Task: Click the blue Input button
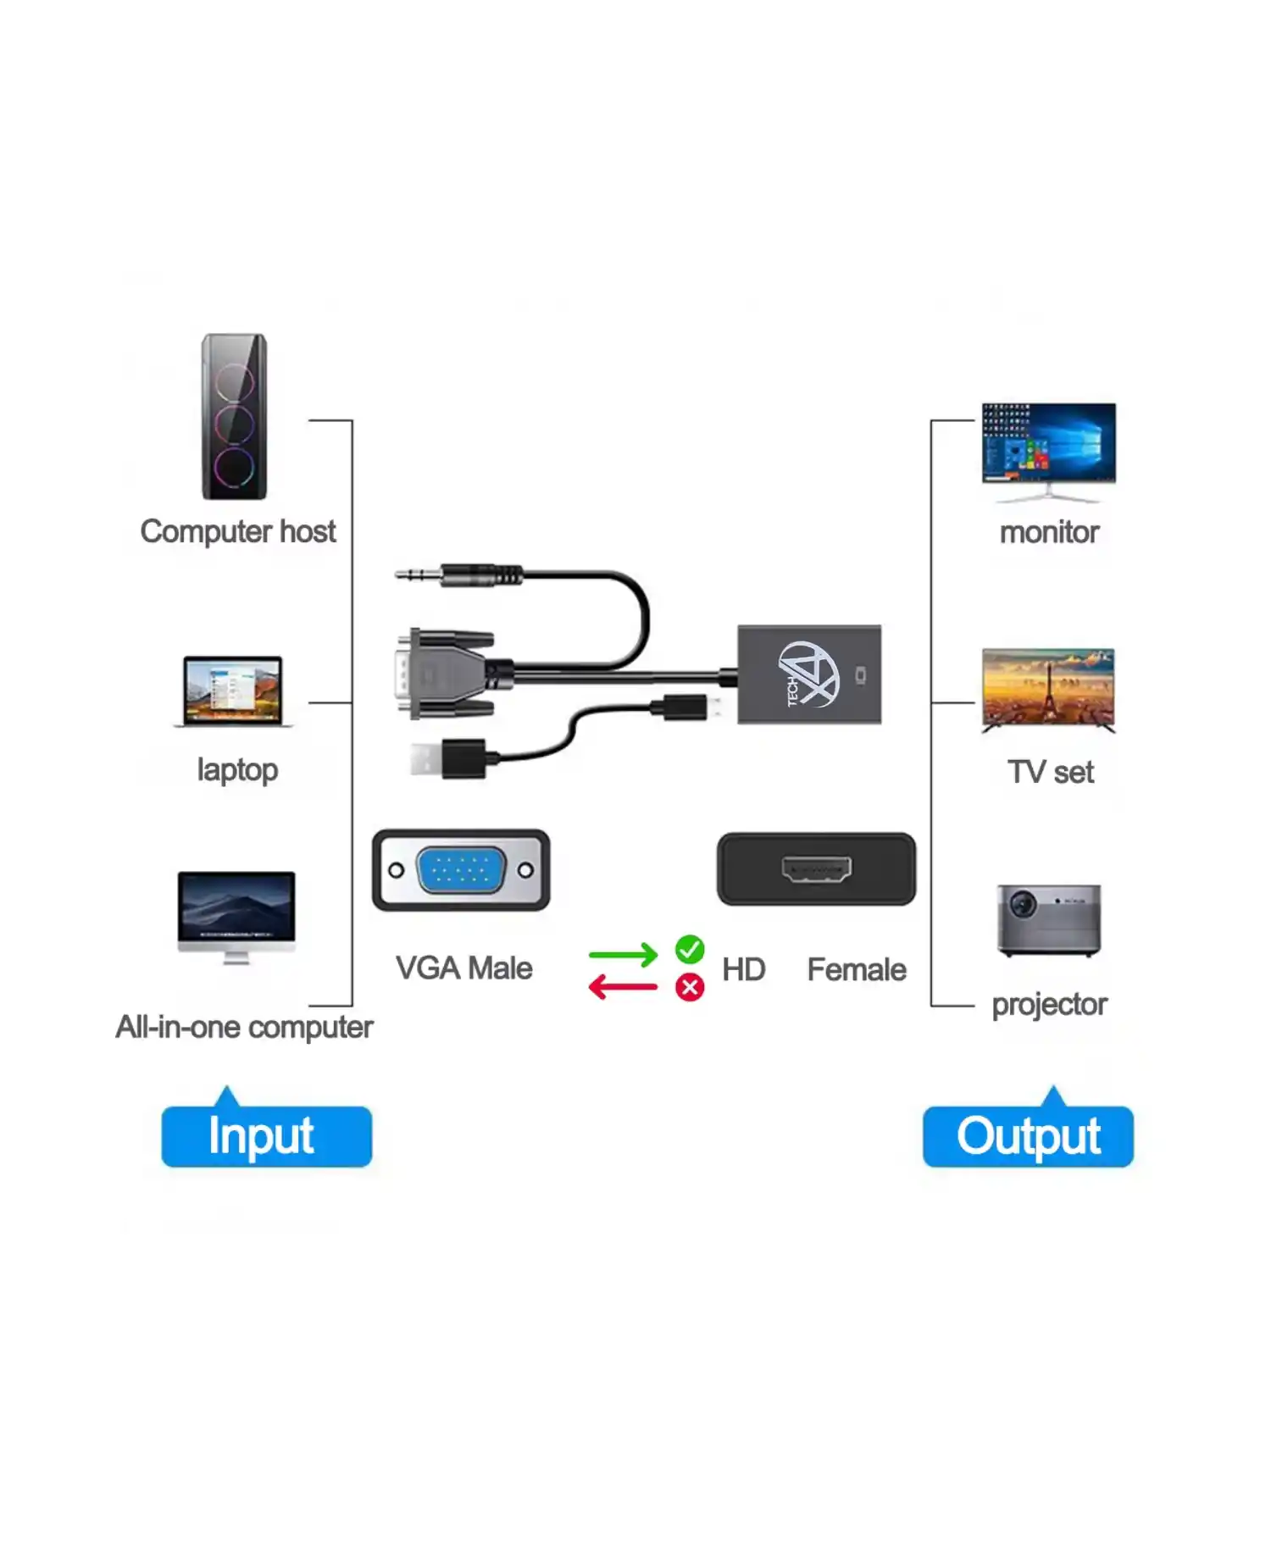click(x=266, y=1136)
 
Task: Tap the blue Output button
click(x=1028, y=1136)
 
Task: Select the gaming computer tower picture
click(x=234, y=417)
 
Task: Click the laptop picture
click(x=233, y=691)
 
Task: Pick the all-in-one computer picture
click(x=236, y=915)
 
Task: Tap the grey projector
click(x=1049, y=920)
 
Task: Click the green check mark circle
click(x=690, y=950)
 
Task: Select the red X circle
click(x=690, y=987)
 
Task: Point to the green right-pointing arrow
click(x=623, y=955)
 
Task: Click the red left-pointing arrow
click(x=623, y=987)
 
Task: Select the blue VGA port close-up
click(x=461, y=870)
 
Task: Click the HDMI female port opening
click(x=817, y=869)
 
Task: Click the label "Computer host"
click(x=238, y=532)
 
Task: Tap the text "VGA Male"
click(x=463, y=968)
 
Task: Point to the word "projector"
click(x=1049, y=1005)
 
